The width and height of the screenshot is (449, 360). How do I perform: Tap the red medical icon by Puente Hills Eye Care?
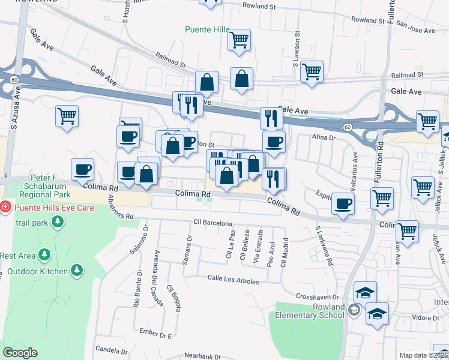(5, 207)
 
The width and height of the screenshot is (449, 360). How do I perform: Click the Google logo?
(20, 353)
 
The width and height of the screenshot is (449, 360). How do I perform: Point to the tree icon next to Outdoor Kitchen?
(76, 271)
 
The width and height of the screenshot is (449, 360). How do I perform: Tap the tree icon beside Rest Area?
(44, 255)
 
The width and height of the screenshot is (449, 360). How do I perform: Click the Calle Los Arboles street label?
(233, 280)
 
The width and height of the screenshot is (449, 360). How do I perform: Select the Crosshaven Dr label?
(318, 297)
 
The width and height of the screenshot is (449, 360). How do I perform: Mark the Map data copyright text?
(424, 355)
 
